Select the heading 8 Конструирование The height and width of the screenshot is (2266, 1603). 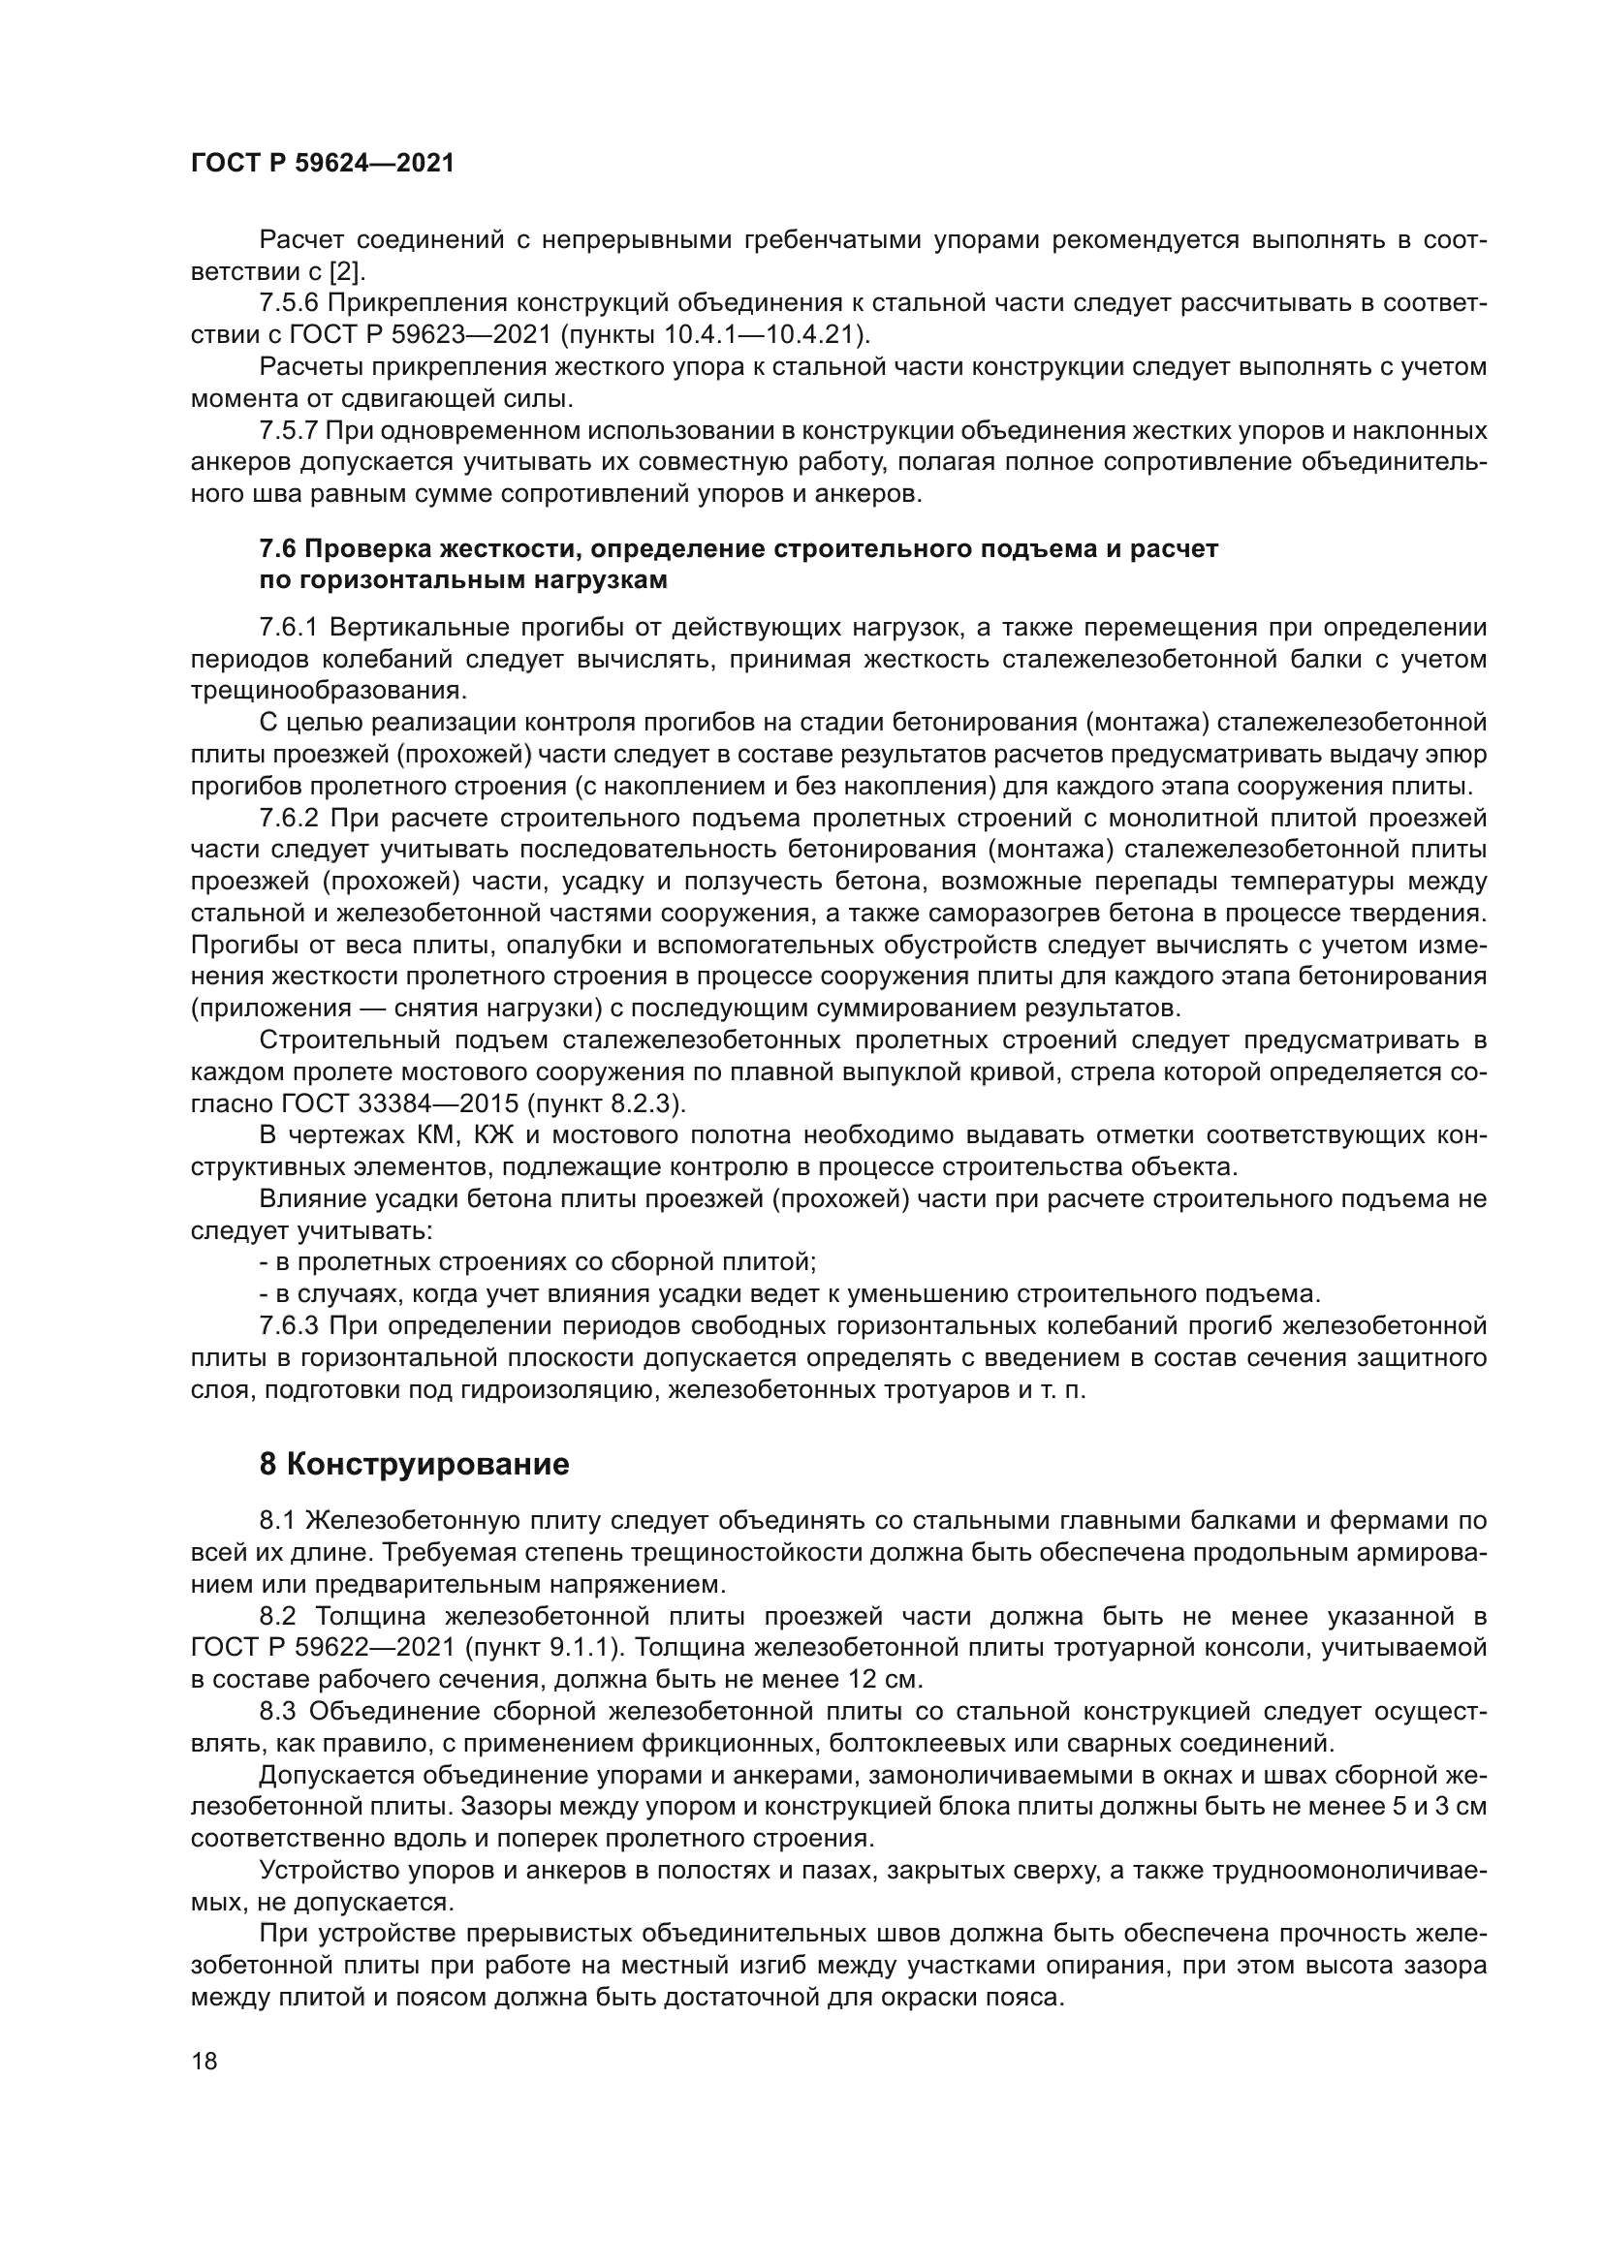(414, 1465)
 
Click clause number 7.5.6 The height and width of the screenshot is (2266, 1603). (289, 303)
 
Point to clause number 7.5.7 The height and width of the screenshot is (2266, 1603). (289, 430)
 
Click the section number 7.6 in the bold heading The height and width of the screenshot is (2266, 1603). (278, 548)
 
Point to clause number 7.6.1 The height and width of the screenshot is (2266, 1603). (289, 628)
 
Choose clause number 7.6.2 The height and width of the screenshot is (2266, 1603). (289, 819)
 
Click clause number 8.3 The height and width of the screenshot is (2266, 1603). (278, 1712)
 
